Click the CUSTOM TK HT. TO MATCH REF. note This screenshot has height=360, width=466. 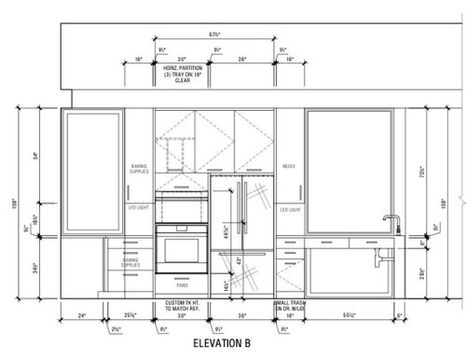pyautogui.click(x=183, y=307)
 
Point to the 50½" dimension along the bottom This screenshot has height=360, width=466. pyautogui.click(x=349, y=315)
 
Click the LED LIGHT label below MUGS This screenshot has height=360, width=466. pyautogui.click(x=290, y=210)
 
